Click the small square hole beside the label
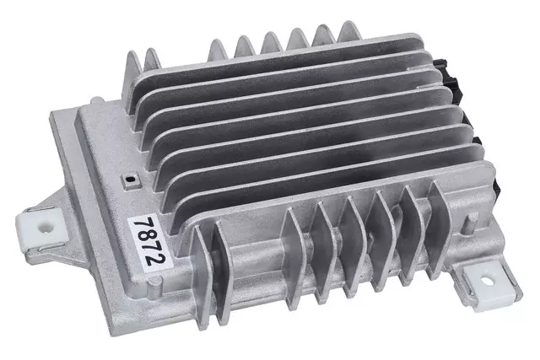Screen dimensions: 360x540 pyautogui.click(x=128, y=180)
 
